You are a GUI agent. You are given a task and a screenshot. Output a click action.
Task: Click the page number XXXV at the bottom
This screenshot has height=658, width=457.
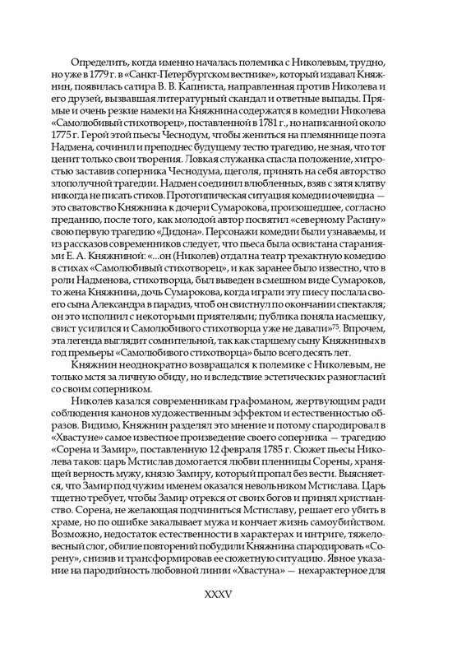pyautogui.click(x=228, y=616)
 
